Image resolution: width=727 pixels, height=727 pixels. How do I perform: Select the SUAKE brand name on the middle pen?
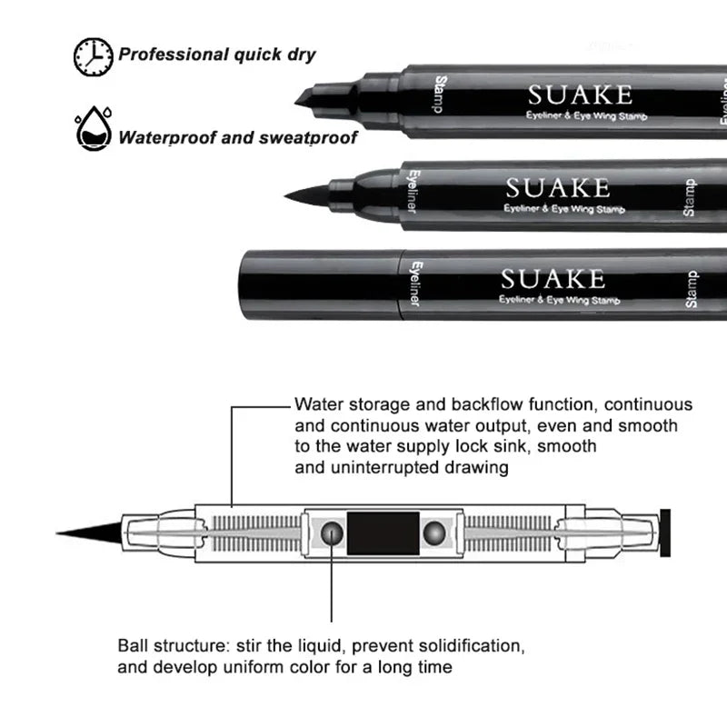(557, 188)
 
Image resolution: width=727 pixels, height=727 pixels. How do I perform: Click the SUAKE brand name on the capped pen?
(553, 277)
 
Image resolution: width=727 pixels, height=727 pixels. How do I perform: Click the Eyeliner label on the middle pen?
(412, 192)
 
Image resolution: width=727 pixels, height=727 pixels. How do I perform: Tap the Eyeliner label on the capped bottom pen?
(413, 283)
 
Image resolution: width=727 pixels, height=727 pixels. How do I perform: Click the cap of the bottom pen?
(319, 283)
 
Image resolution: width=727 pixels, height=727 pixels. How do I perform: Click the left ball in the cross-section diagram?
(334, 533)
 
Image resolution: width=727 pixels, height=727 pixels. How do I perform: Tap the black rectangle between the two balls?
(383, 533)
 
